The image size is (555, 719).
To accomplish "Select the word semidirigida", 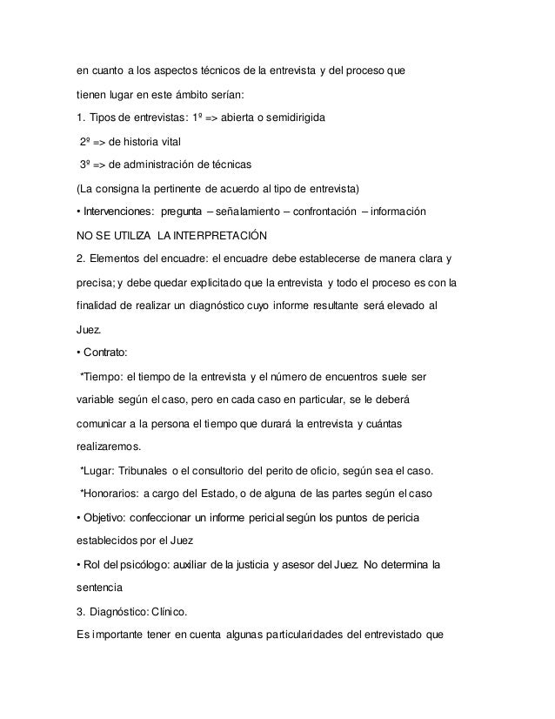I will [291, 117].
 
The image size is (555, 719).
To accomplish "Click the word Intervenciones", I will [119, 211].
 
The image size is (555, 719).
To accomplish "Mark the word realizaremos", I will [109, 447].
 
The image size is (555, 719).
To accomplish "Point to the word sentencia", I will [101, 589].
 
